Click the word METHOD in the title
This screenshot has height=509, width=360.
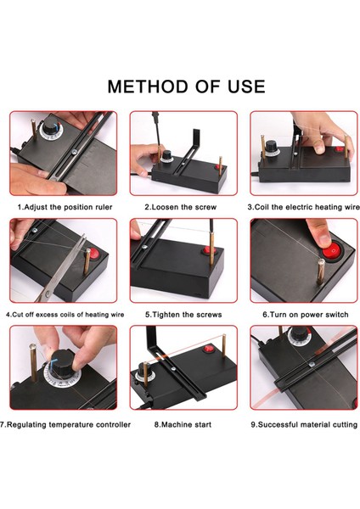pyautogui.click(x=149, y=87)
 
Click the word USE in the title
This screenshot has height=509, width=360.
pyautogui.click(x=246, y=87)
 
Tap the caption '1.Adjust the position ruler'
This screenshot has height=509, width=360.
pyautogui.click(x=65, y=207)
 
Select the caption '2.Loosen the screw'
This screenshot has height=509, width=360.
pyautogui.click(x=181, y=207)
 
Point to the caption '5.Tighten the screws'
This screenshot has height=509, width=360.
pyautogui.click(x=183, y=315)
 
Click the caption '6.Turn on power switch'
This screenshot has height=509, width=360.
pyautogui.click(x=306, y=315)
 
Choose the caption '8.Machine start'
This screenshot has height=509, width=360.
pyautogui.click(x=183, y=425)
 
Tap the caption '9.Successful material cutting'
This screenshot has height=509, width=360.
pyautogui.click(x=304, y=425)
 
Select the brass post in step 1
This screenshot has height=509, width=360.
pyautogui.click(x=34, y=130)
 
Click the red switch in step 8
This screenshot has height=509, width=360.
pyautogui.click(x=209, y=350)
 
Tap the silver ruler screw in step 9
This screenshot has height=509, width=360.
pyautogui.click(x=312, y=365)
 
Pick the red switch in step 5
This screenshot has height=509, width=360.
pyautogui.click(x=206, y=250)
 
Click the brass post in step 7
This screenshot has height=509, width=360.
pyautogui.click(x=33, y=363)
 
